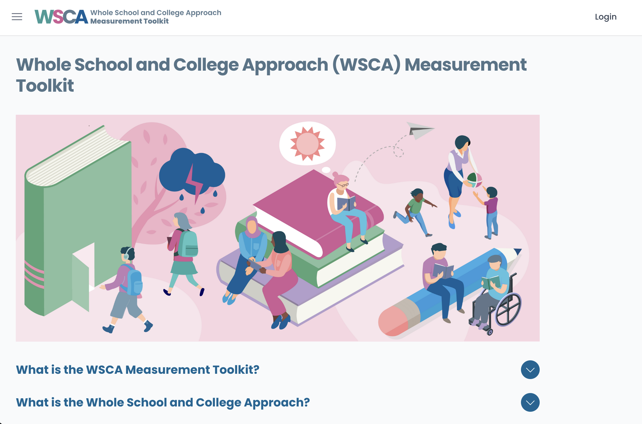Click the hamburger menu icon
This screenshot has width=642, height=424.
click(17, 17)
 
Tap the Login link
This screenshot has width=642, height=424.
click(605, 17)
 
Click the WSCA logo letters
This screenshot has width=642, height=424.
click(61, 17)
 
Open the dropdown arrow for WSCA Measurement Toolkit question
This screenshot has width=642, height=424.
click(530, 370)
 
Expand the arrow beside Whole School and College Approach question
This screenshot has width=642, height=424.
click(530, 402)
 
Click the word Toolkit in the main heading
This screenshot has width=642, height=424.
click(45, 86)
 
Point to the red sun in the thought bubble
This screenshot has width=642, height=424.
click(307, 144)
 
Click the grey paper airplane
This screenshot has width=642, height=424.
click(420, 130)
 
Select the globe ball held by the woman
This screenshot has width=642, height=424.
click(474, 179)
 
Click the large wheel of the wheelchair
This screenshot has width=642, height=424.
click(508, 310)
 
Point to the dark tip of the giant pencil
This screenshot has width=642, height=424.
click(518, 251)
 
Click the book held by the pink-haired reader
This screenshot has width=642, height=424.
click(346, 203)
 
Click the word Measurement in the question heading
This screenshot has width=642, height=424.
click(168, 370)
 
